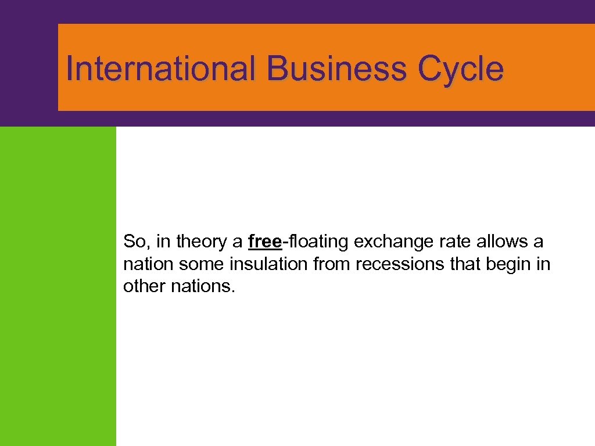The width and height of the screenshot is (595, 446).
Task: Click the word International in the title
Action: (160, 69)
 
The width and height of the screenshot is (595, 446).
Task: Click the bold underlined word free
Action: (264, 241)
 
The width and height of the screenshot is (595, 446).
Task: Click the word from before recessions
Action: (332, 264)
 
